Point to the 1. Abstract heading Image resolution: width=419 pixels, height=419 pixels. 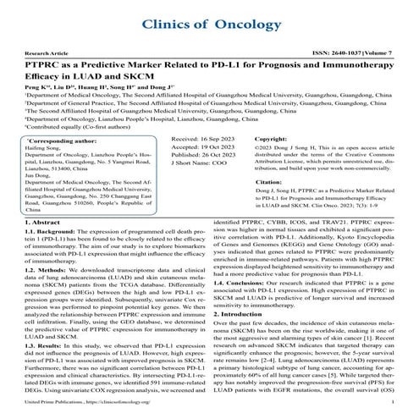[x=35, y=222]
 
